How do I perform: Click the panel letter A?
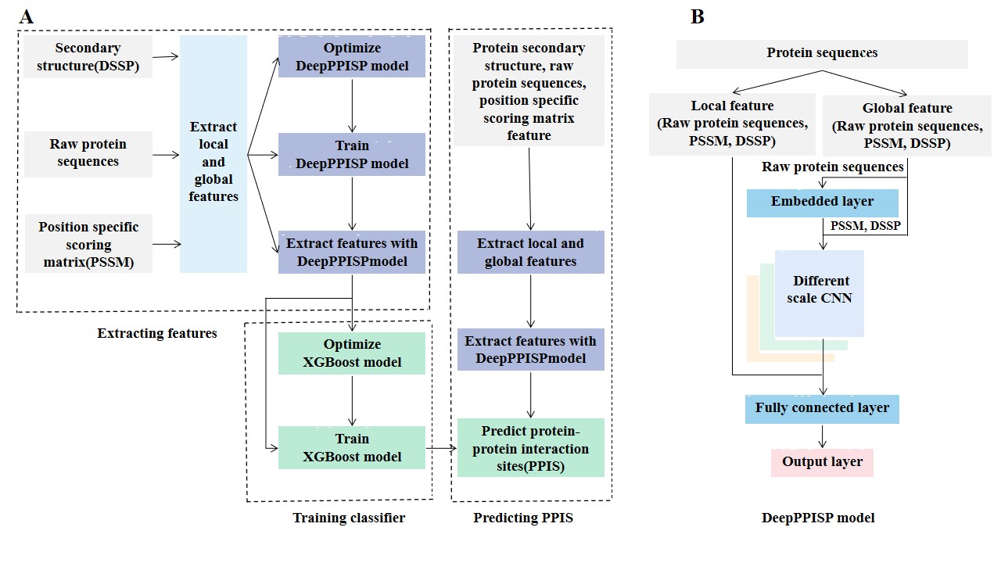tap(27, 16)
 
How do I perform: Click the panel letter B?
tap(698, 16)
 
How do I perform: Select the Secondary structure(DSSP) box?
tap(88, 57)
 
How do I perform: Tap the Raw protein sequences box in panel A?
tap(88, 153)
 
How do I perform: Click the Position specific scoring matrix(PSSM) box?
tap(88, 245)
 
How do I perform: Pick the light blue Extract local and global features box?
tap(213, 154)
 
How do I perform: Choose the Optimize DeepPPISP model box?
tap(352, 57)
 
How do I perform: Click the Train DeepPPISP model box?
tap(352, 154)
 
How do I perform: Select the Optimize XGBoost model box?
tap(352, 353)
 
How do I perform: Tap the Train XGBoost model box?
tap(352, 448)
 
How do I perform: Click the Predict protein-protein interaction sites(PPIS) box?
tap(531, 448)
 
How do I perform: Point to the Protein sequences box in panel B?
tap(822, 53)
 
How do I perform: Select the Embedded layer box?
tap(822, 202)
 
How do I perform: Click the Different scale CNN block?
tap(820, 291)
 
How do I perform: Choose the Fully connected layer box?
tap(822, 408)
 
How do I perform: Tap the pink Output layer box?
tap(822, 462)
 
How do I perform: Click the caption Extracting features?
tap(157, 333)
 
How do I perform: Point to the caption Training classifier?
tap(349, 518)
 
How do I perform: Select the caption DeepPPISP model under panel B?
tap(818, 518)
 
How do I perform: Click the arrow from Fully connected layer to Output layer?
tap(822, 436)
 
